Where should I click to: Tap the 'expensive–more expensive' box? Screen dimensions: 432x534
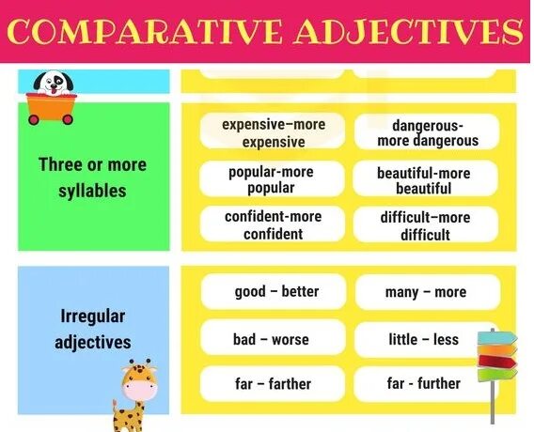coord(272,132)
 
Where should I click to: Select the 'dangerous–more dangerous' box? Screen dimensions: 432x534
coord(428,132)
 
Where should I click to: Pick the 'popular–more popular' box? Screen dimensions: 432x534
coord(271,179)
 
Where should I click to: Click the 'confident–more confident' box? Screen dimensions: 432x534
coord(272,224)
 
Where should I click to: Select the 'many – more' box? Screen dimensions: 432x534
coord(426,292)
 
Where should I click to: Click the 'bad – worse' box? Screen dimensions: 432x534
coord(271,339)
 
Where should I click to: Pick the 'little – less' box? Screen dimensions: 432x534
coord(423,339)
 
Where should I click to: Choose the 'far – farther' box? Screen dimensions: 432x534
coord(272,384)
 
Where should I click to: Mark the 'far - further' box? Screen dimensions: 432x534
coord(423,383)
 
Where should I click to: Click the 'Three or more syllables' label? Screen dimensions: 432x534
coord(92,177)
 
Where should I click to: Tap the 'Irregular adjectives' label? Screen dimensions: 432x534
coord(93,329)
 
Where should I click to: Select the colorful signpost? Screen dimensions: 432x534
coord(496,362)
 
